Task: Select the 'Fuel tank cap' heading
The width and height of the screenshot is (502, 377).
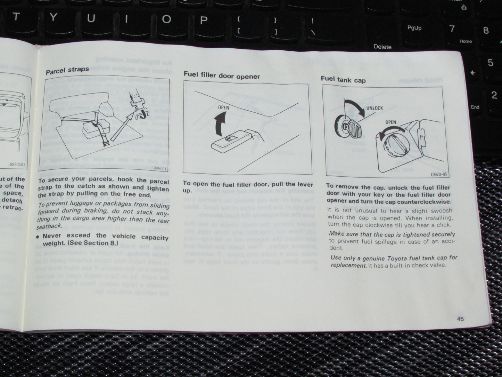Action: click(343, 79)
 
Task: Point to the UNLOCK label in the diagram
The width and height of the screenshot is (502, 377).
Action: click(375, 108)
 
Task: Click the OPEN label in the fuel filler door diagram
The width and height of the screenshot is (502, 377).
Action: click(223, 107)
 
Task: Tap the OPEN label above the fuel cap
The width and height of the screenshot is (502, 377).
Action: click(390, 122)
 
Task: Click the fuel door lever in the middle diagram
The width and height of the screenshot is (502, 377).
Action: click(227, 141)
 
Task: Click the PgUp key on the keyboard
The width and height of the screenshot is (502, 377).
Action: click(414, 28)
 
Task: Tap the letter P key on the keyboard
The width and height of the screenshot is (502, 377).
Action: click(204, 20)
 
